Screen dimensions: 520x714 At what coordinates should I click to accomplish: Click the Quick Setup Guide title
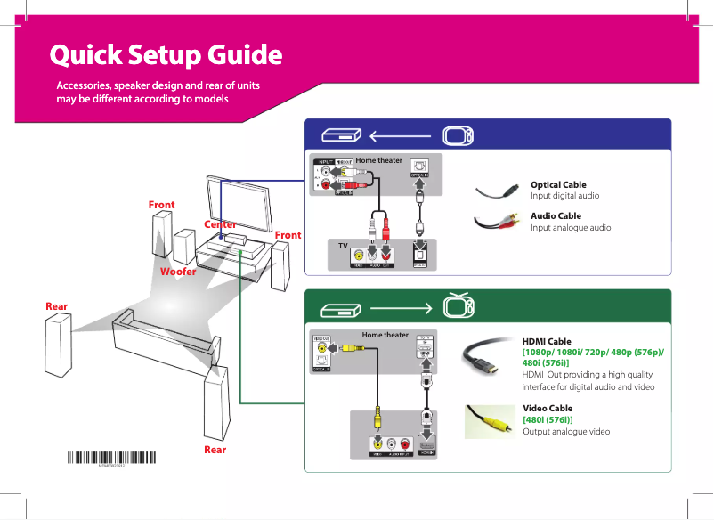(x=166, y=55)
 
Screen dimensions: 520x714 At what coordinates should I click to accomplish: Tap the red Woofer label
(x=178, y=271)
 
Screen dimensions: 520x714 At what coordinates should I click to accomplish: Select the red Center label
(x=220, y=224)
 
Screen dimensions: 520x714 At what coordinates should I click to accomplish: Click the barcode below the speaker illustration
(x=112, y=459)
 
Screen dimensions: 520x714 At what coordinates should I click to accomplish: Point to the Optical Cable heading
(x=558, y=184)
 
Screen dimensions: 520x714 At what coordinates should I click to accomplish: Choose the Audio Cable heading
(x=556, y=215)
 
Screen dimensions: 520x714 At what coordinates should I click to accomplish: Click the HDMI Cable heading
(x=547, y=341)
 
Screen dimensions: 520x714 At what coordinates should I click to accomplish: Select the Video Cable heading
(x=548, y=408)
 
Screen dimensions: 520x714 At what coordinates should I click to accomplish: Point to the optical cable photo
(x=498, y=191)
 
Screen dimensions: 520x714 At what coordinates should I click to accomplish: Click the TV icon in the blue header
(x=458, y=136)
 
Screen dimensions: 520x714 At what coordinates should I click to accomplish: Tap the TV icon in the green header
(x=458, y=307)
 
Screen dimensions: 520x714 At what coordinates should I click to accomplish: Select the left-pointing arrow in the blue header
(x=400, y=136)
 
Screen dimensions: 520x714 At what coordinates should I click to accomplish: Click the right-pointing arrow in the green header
(x=400, y=309)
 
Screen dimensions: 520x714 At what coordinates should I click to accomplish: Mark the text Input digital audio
(x=564, y=195)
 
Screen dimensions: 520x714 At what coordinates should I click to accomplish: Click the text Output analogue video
(x=566, y=431)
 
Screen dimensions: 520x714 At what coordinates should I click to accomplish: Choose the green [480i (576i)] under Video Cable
(x=547, y=419)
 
